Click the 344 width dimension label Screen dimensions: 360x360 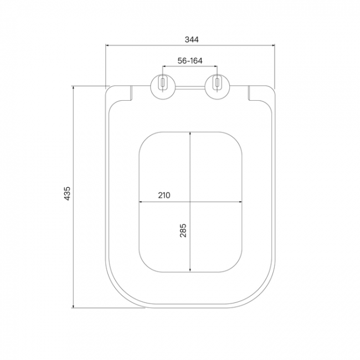[192, 39]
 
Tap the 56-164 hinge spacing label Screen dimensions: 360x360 [190, 60]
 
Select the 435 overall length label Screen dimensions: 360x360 [67, 193]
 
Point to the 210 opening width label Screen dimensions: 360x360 [164, 195]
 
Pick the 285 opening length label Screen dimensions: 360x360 [183, 230]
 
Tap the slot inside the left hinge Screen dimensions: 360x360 [163, 83]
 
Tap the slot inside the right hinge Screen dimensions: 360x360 [217, 83]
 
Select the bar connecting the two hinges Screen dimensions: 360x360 [190, 88]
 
